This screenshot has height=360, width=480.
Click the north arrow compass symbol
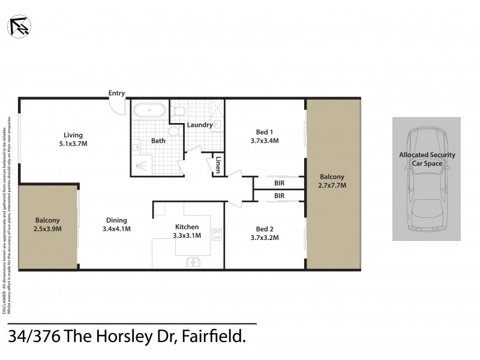(x=18, y=25)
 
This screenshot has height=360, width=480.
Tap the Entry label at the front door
(x=116, y=93)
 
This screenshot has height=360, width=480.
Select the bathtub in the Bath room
(x=149, y=111)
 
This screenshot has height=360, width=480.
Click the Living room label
(x=74, y=135)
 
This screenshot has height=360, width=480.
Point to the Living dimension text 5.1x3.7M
(x=74, y=144)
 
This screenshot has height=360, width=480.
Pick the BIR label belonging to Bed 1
(x=280, y=183)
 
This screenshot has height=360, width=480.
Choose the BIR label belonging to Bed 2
(x=280, y=196)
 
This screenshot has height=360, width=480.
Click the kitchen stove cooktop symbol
(x=217, y=233)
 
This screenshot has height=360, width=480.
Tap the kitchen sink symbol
(x=194, y=261)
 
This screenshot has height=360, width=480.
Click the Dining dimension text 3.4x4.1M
(x=116, y=229)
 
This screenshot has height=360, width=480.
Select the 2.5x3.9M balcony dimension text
(x=48, y=229)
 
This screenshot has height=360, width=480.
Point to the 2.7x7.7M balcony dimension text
(x=332, y=185)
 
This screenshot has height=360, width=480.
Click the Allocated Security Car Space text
(x=427, y=158)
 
